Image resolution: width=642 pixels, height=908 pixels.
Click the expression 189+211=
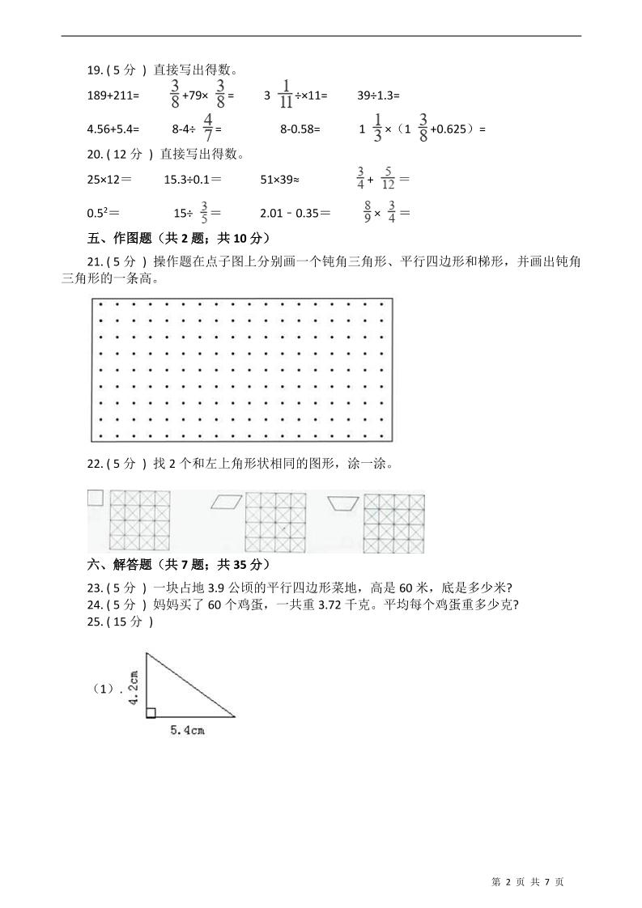(113, 95)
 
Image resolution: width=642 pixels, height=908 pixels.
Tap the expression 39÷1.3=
(378, 95)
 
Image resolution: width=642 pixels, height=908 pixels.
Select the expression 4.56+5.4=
(113, 129)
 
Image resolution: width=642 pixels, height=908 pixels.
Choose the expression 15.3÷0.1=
(193, 179)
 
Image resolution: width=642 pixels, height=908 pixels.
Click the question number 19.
(94, 70)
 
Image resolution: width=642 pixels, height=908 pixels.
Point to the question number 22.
(94, 465)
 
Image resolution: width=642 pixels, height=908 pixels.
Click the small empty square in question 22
(96, 498)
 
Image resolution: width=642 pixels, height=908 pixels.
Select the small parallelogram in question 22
(226, 503)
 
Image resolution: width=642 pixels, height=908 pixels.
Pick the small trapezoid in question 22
(343, 503)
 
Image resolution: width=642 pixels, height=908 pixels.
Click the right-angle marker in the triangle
(151, 712)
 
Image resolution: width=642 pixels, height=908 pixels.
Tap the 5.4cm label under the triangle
(186, 731)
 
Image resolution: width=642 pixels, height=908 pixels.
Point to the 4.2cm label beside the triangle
(134, 688)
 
